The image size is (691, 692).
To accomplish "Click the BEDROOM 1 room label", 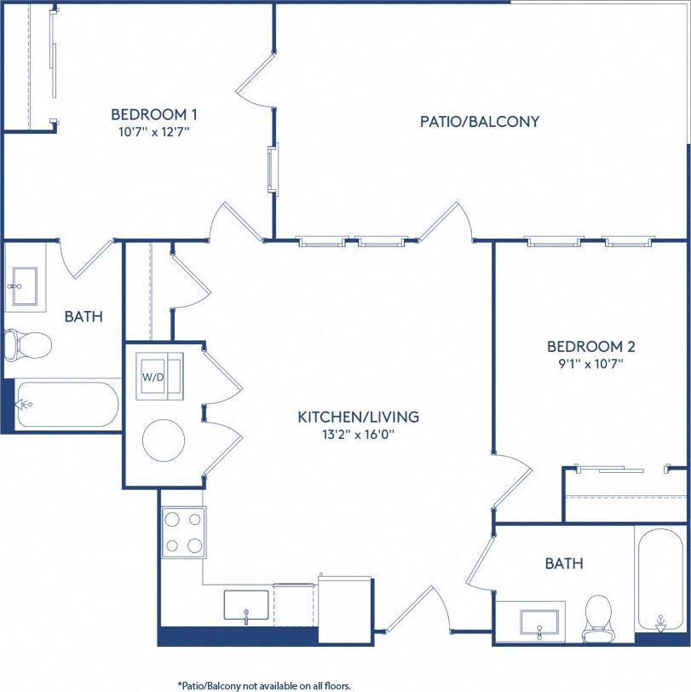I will [x=155, y=114].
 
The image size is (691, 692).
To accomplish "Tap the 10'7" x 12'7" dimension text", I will [x=155, y=132].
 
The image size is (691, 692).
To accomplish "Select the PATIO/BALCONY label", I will [x=480, y=121].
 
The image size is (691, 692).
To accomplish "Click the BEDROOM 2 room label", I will [x=590, y=347].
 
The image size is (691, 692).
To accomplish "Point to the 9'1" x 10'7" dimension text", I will [x=590, y=364].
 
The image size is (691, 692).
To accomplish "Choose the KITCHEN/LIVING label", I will [x=358, y=417].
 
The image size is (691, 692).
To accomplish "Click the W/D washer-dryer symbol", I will [x=159, y=375].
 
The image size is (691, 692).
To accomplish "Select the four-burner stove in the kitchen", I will [x=184, y=532].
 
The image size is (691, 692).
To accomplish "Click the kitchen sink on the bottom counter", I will [x=246, y=606].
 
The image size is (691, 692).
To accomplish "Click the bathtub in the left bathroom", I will [x=68, y=405].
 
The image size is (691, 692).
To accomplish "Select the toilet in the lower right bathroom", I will [x=597, y=616].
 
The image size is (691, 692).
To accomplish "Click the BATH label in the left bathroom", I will [x=83, y=316].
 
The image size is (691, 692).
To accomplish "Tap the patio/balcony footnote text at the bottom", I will [x=264, y=684].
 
